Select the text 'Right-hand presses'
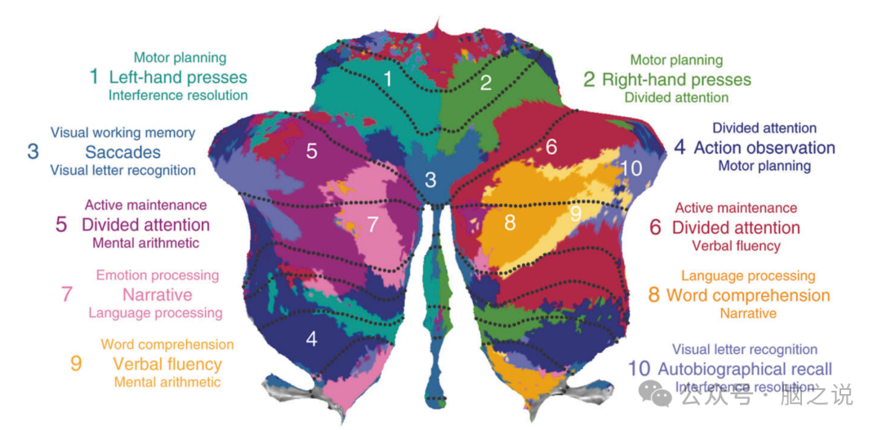coord(676,79)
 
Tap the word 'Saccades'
coord(122,152)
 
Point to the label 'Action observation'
coord(764,148)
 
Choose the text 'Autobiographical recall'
coord(744,369)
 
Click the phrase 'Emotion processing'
coord(158,275)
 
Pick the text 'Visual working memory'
coord(122,132)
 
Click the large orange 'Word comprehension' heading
coord(748,295)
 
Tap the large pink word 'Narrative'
coord(158,294)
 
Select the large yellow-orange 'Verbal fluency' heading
coord(167,364)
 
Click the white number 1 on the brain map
coord(388,79)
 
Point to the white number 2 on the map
coord(486,82)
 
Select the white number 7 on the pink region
coord(373,224)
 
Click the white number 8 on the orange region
coord(510,222)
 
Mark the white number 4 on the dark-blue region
coord(312,338)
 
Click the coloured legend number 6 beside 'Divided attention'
coord(655,227)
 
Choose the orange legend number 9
coord(76,364)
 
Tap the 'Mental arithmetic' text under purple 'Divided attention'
coord(145,243)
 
